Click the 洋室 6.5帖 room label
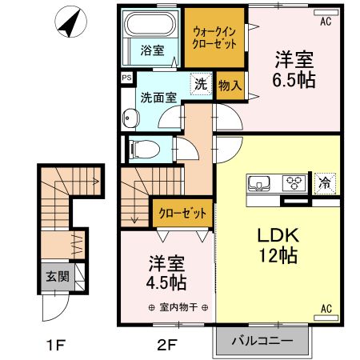click(293, 70)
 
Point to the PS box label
click(126, 78)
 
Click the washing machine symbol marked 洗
click(200, 83)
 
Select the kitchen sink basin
click(260, 183)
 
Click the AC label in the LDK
click(326, 308)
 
